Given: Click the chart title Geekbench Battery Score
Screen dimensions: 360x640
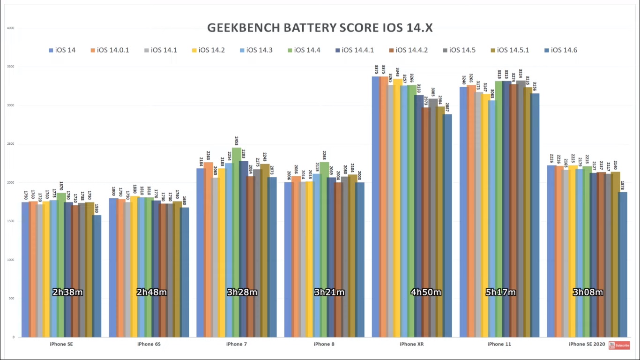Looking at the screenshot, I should coord(320,28).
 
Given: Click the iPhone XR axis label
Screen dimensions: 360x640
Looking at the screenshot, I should coord(411,344).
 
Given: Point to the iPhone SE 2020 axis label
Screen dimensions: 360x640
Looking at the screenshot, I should coord(587,344).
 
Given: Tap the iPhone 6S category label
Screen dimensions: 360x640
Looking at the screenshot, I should coord(149,344).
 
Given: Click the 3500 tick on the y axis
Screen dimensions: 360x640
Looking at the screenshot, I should coord(10,67).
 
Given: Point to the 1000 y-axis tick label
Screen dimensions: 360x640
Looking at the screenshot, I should coord(10,260).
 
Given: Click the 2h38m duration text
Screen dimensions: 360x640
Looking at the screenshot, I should coord(67,292).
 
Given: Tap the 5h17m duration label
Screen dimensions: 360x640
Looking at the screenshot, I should coord(500,292).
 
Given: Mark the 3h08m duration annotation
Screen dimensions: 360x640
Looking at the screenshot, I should coord(588,292).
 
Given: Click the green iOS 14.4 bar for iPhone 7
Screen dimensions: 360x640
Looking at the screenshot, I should coord(237,234).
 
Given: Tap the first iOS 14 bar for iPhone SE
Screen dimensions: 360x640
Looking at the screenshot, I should coord(25,267).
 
